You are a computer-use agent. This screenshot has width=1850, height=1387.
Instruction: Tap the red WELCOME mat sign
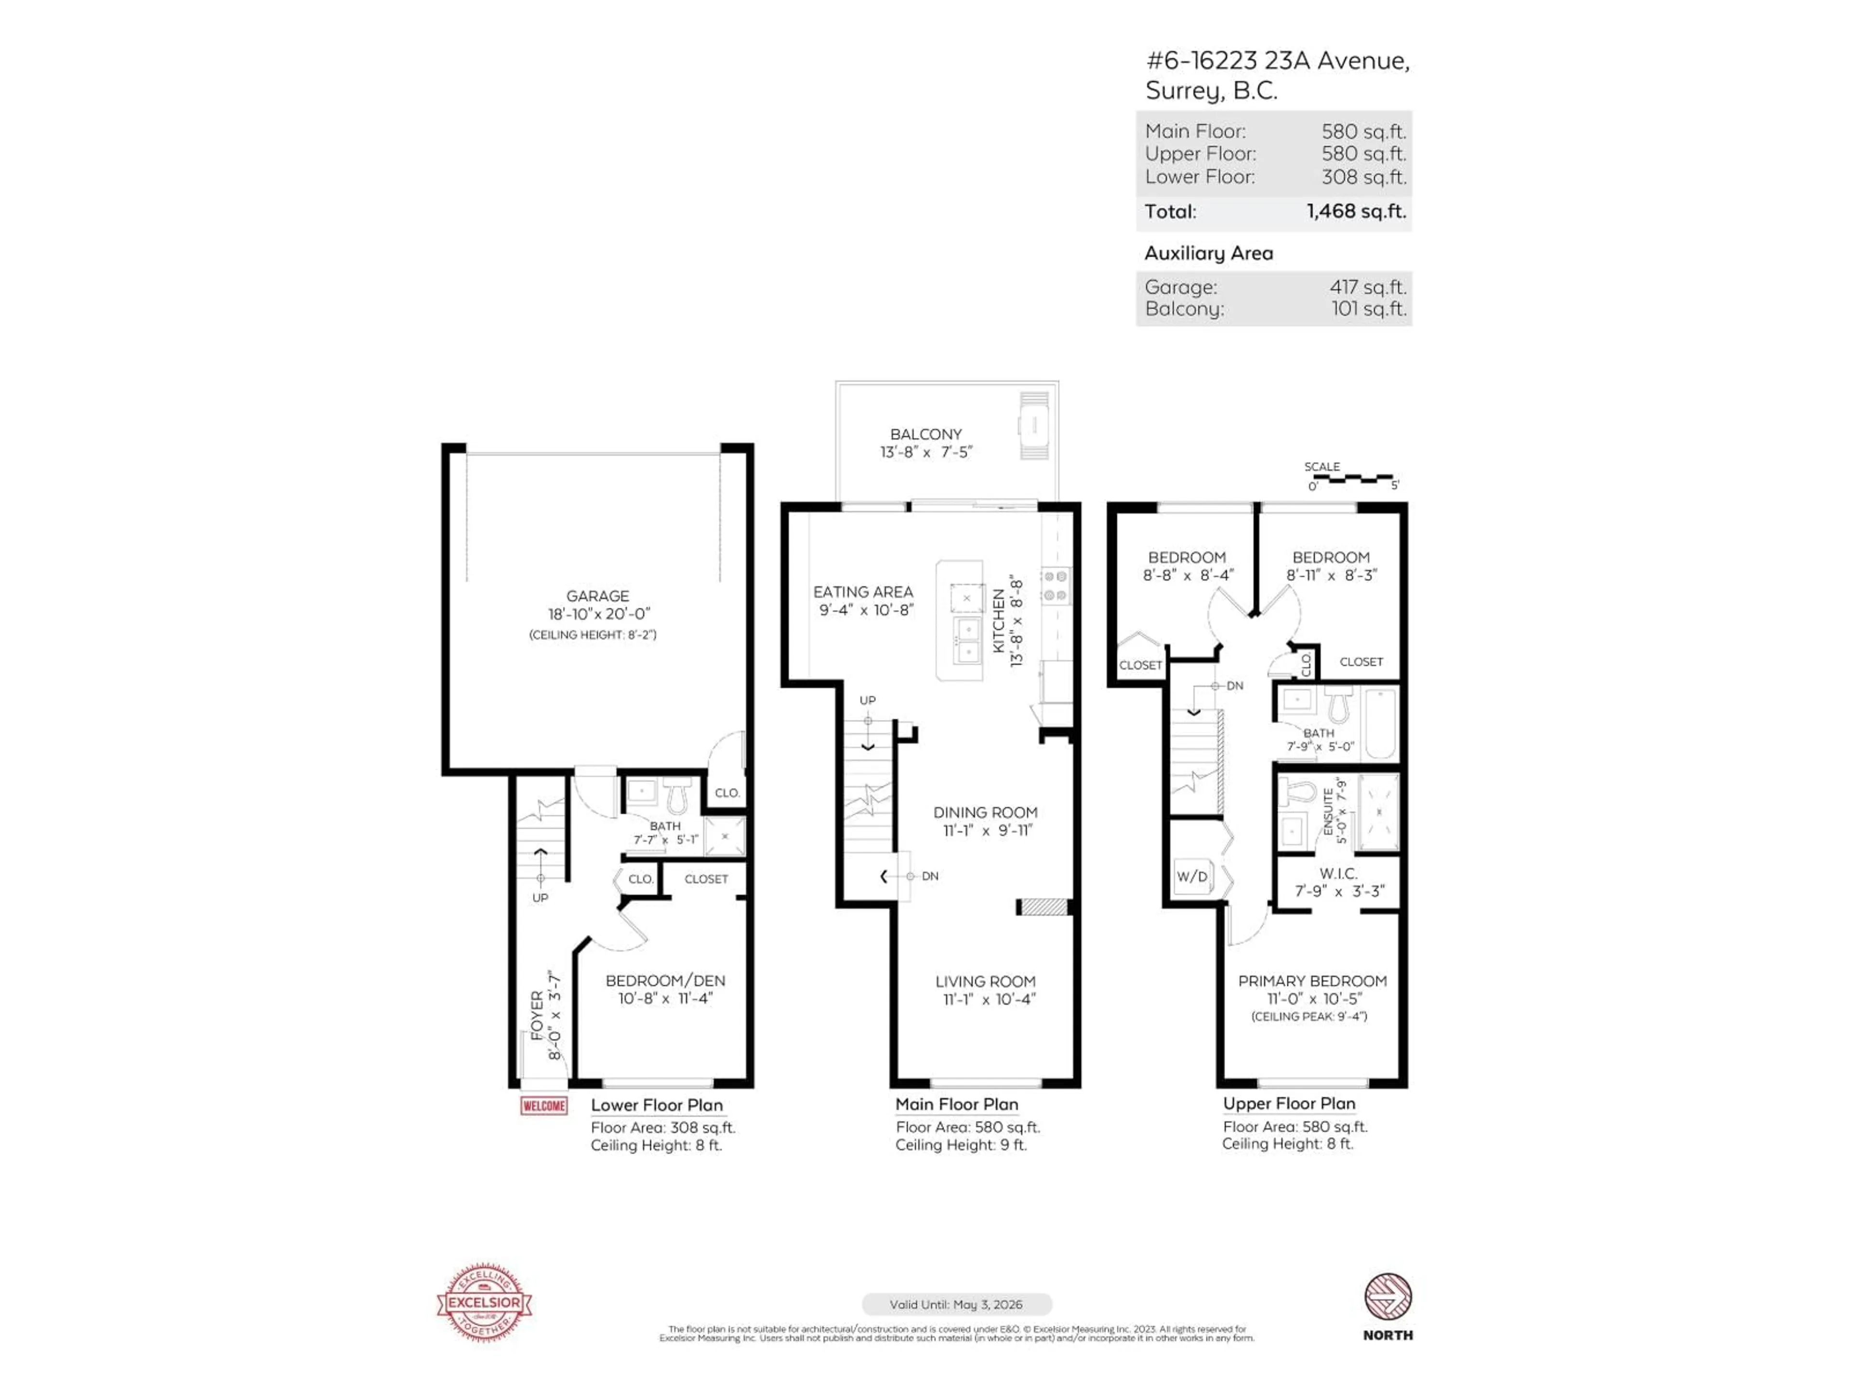click(543, 1106)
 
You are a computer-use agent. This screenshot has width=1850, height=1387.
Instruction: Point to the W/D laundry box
click(1192, 876)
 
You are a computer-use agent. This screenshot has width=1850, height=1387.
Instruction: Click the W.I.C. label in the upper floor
click(1338, 873)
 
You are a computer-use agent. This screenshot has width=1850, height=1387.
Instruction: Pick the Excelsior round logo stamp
click(484, 1302)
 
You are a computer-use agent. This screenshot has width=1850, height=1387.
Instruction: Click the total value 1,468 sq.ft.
click(1356, 211)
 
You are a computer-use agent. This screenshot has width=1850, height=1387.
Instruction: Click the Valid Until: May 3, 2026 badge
click(956, 1304)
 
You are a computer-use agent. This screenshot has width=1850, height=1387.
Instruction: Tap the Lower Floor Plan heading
click(657, 1105)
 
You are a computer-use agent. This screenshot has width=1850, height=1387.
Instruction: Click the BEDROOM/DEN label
click(665, 981)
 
